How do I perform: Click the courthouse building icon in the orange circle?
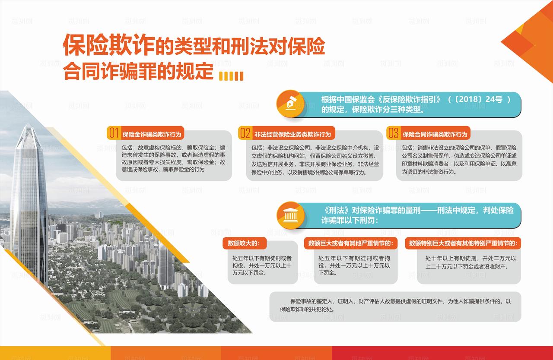point(291,215)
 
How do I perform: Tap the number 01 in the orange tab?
point(114,133)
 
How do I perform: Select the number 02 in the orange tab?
point(245,133)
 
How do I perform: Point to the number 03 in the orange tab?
point(393,133)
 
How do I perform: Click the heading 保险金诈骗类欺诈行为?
point(153,134)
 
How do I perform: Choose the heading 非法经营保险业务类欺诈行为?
point(292,134)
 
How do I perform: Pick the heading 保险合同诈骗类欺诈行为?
point(435,134)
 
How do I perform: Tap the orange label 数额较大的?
point(244,243)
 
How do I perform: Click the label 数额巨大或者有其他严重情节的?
point(350,243)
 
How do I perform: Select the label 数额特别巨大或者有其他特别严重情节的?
point(464,243)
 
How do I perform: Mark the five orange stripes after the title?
point(231,76)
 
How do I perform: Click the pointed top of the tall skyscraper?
point(29,126)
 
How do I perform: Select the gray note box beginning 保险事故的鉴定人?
point(395,306)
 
